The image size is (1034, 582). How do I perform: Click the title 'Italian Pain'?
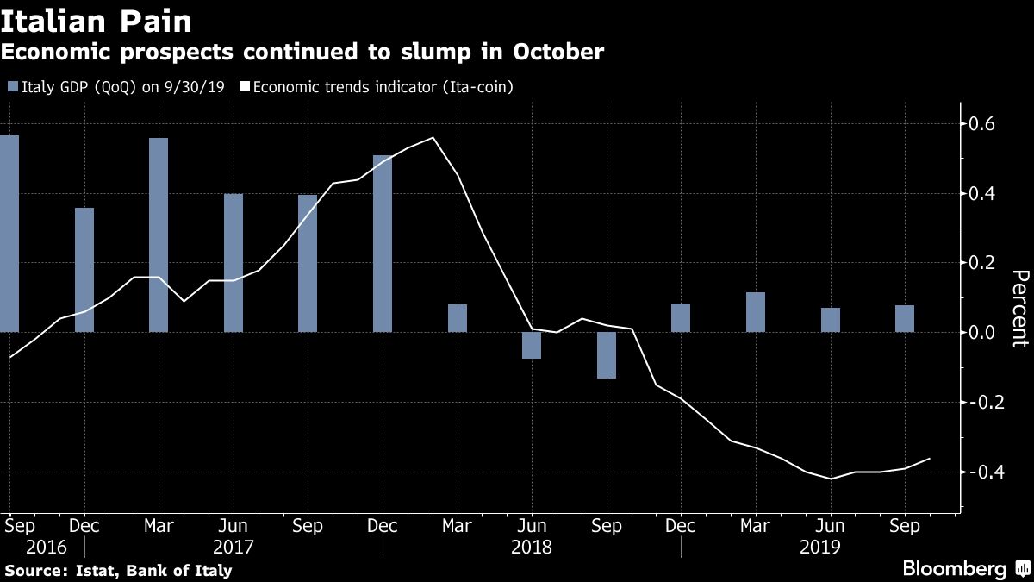point(96,20)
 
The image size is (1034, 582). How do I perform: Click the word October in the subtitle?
point(559,53)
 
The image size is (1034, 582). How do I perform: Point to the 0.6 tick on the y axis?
point(983,124)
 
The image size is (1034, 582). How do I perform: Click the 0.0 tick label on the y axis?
point(983,333)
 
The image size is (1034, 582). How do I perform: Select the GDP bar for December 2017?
point(383,244)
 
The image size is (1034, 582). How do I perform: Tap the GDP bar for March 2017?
point(159,235)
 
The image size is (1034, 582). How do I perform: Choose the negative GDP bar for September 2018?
point(607,354)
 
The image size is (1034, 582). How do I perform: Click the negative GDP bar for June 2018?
point(532,345)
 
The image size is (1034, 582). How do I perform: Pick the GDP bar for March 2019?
point(756,312)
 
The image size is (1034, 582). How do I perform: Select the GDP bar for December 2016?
point(84,269)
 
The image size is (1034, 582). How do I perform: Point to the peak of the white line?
point(433,138)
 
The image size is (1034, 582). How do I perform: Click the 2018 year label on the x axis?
point(532,547)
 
